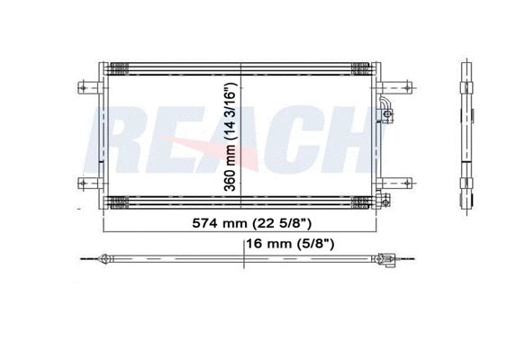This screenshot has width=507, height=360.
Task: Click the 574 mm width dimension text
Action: pyautogui.click(x=252, y=223)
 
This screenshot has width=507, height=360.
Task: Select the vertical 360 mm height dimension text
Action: pyautogui.click(x=231, y=137)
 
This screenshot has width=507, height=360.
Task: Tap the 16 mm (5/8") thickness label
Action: pyautogui.click(x=290, y=243)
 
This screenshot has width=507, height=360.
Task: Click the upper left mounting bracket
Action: pyautogui.click(x=90, y=87)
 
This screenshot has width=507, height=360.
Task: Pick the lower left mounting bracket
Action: pyautogui.click(x=90, y=184)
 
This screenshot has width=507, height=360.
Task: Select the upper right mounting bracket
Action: pyautogui.click(x=394, y=87)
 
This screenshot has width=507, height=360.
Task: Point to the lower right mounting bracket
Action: pyautogui.click(x=394, y=184)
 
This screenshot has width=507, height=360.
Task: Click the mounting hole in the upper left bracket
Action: pyautogui.click(x=83, y=87)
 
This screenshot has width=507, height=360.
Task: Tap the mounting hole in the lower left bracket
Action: pyautogui.click(x=83, y=184)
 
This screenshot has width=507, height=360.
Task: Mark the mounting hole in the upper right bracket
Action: pyautogui.click(x=407, y=87)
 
